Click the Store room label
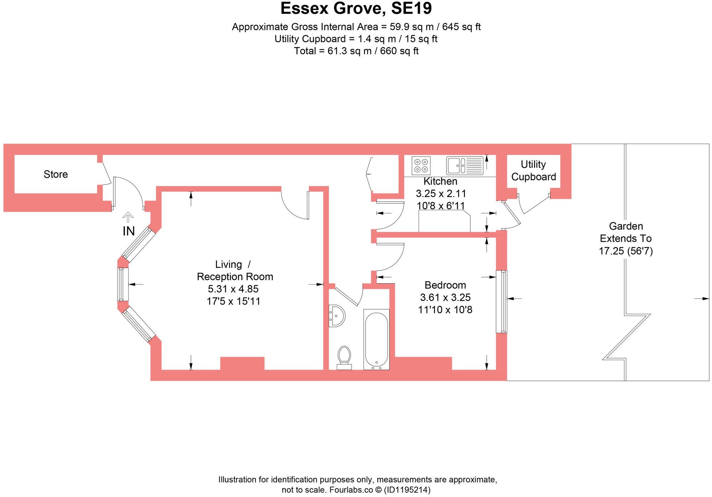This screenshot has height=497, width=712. coord(56,174)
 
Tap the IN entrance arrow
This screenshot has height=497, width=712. coord(128,217)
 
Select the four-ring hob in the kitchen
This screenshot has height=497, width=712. coord(421,166)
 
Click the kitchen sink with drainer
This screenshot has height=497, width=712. coord(465,166)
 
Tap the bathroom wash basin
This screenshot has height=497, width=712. coord(336,316)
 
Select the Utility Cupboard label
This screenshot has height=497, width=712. coord(533,170)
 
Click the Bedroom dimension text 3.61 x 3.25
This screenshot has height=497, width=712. coord(445,297)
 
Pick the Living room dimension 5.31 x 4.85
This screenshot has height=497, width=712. coord(233,289)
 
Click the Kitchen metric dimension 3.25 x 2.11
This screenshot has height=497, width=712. coord(441,193)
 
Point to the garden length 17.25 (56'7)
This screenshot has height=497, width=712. coord(626,251)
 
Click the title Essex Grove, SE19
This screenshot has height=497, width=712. coord(356,8)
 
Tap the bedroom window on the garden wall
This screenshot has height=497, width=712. coord(502,302)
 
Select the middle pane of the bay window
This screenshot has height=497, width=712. coord(123,284)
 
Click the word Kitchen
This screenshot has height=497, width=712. coord(440,181)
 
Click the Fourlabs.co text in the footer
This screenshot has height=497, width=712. coord(351,490)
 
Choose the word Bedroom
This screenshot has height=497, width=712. coord(445,285)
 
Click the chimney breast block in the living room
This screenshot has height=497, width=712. coord(242,363)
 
